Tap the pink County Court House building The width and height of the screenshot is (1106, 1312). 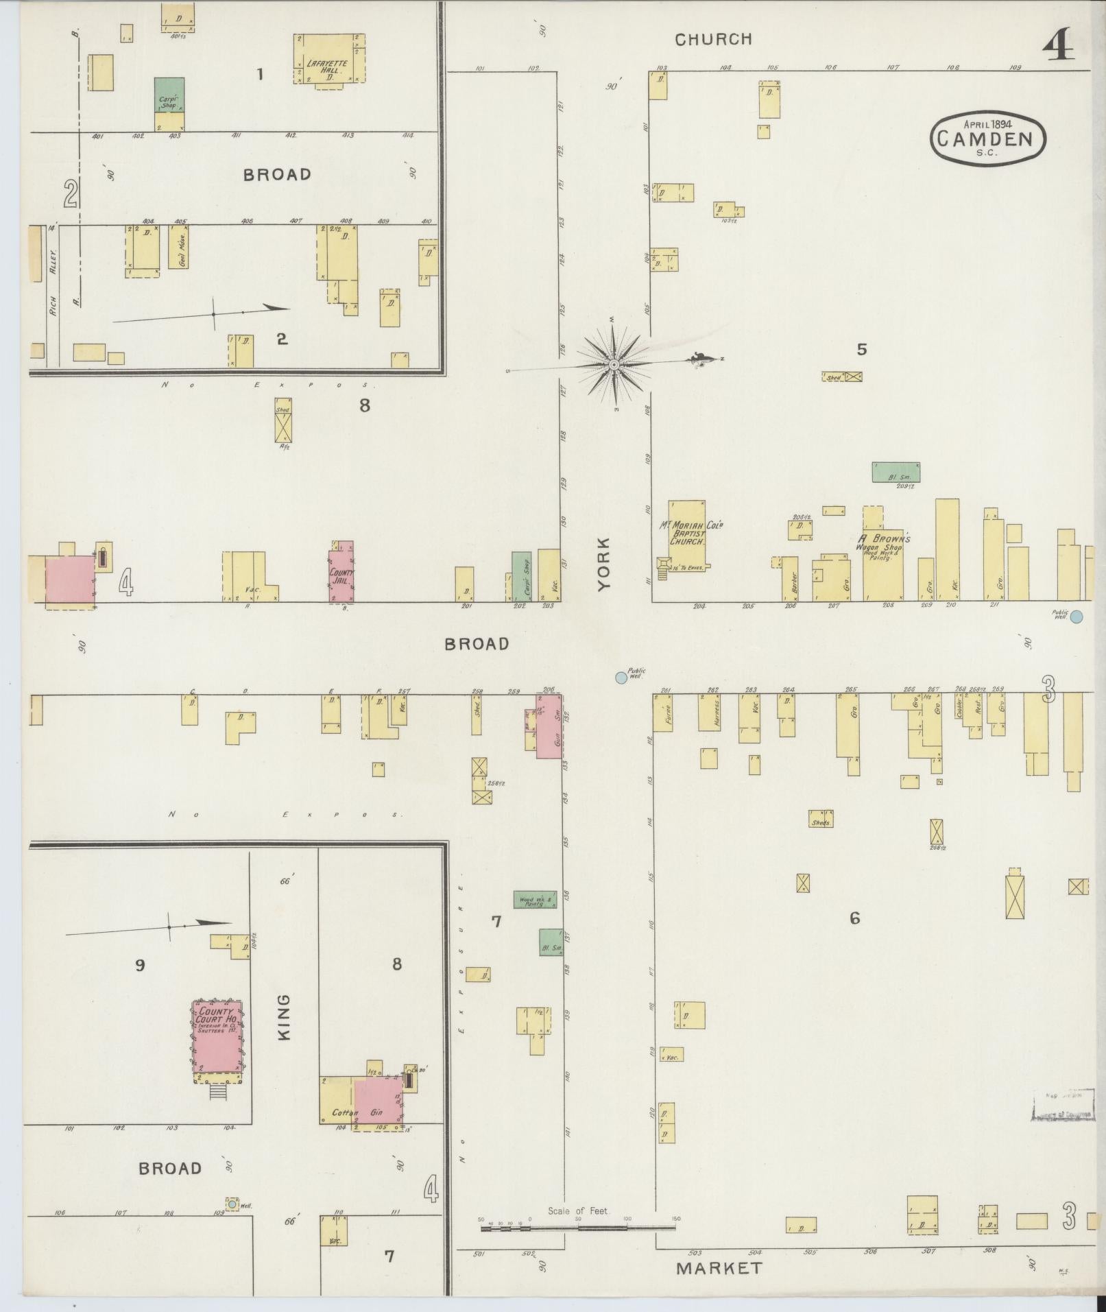coord(217,1042)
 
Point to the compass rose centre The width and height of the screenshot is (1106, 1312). coord(614,365)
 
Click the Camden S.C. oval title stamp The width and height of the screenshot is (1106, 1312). coord(987,139)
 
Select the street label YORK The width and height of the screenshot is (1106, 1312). coord(603,564)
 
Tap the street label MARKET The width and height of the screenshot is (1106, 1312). coord(719,1268)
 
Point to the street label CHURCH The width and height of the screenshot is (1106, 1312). coord(713,39)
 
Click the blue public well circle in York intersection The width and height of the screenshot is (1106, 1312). coord(621,678)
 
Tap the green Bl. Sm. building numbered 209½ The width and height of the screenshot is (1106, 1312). coord(895,472)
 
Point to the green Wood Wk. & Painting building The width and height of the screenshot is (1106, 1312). coord(535,899)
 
